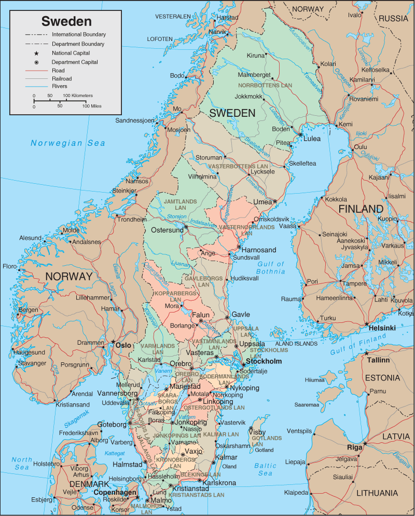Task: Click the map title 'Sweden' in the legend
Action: pos(66,21)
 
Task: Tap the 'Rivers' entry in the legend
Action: pos(59,86)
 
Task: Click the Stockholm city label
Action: pos(264,361)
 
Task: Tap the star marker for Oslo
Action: pos(114,341)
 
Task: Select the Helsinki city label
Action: pos(382,328)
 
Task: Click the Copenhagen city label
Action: pos(115,492)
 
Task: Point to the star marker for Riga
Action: pos(365,444)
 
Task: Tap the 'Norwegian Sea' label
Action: pos(67,143)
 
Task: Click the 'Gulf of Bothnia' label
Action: pos(271,268)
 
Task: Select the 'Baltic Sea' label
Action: pos(265,469)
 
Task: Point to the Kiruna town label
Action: pos(256,56)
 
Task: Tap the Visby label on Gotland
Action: pos(257,432)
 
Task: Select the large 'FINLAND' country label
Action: pos(361,209)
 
